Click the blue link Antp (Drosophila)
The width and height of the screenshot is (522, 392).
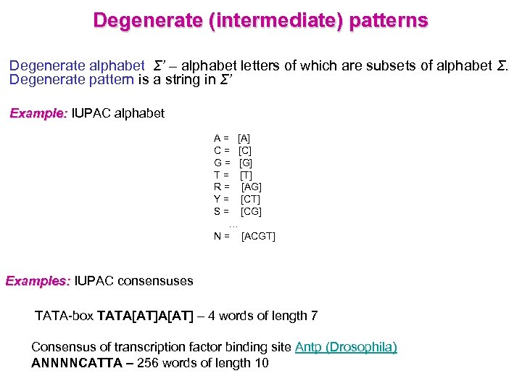(x=346, y=347)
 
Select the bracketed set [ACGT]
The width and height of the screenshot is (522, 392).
(x=258, y=237)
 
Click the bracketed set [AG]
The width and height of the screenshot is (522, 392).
(x=251, y=187)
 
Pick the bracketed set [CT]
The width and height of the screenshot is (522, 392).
(x=251, y=199)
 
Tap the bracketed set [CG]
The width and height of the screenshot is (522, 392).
(x=251, y=211)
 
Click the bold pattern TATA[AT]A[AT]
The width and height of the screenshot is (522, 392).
(x=145, y=316)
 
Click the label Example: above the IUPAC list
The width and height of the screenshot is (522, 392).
(x=38, y=113)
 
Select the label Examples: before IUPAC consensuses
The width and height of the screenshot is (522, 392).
(x=38, y=281)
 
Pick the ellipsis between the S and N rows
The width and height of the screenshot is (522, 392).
(x=233, y=224)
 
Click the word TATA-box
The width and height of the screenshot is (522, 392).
(x=63, y=316)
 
